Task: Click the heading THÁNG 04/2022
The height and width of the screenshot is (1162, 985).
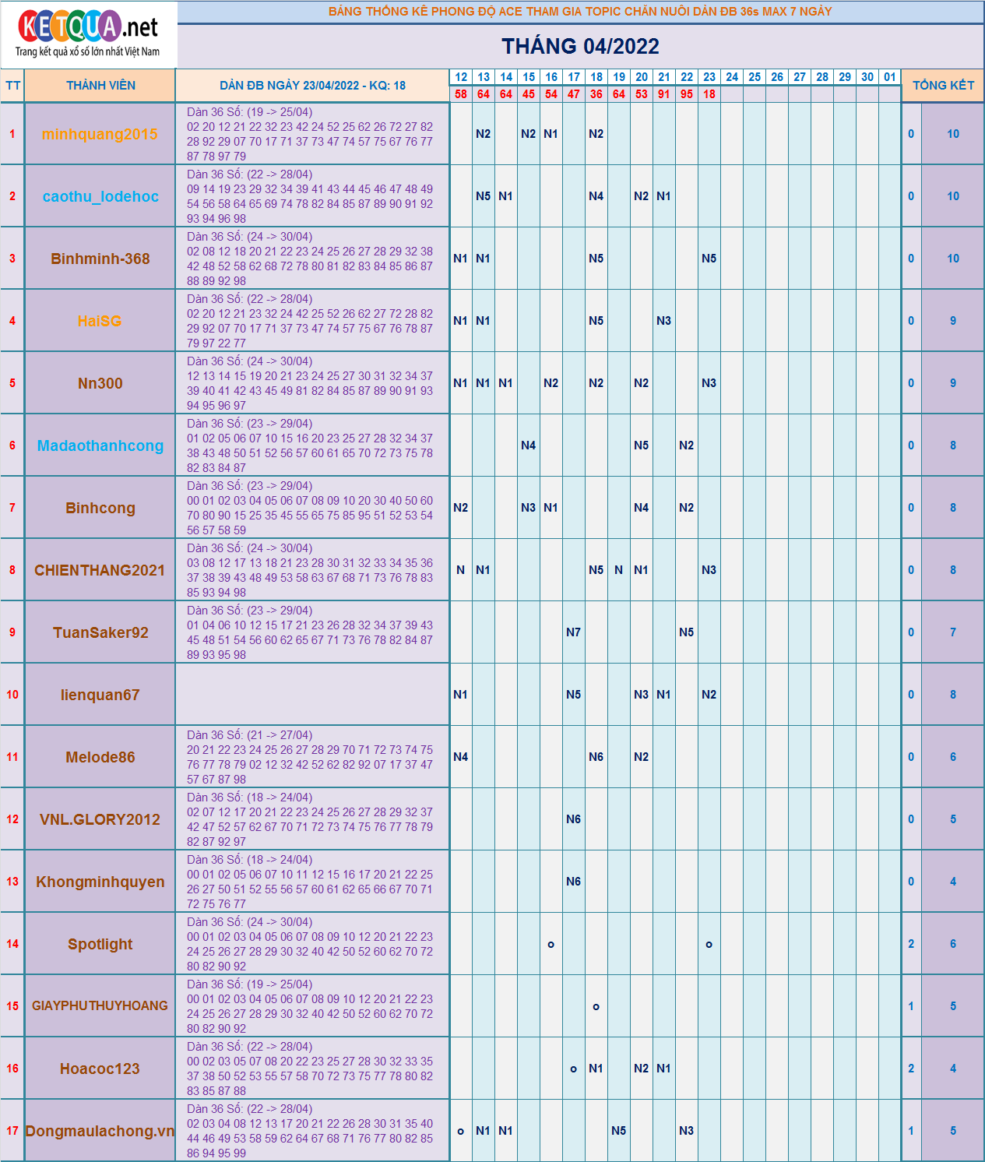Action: (580, 47)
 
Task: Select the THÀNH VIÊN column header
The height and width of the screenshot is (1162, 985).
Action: (100, 86)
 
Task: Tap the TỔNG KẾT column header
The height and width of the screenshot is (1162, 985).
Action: (943, 86)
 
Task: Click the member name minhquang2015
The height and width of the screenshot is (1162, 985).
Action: (100, 134)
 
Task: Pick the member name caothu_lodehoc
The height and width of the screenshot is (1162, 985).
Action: (100, 196)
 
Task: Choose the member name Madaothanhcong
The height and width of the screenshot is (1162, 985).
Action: (100, 445)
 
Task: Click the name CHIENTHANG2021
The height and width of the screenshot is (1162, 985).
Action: (100, 570)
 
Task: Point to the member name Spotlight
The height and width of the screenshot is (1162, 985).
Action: (100, 944)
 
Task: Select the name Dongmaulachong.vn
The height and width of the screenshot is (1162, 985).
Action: (100, 1131)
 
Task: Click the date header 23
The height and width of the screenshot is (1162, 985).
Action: (709, 77)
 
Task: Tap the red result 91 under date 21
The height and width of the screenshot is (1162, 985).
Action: (663, 94)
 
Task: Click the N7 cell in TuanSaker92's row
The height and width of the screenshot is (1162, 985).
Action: (573, 632)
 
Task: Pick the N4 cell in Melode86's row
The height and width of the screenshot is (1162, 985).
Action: (460, 757)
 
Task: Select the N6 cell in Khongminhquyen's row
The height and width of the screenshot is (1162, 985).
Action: (573, 882)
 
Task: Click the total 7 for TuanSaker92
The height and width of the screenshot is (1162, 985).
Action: (952, 632)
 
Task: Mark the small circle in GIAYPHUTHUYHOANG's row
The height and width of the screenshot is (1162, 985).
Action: (596, 1007)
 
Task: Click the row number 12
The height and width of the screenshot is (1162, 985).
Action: (12, 819)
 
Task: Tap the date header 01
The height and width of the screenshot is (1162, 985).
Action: (889, 77)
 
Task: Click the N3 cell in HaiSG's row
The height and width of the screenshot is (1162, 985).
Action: (663, 321)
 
